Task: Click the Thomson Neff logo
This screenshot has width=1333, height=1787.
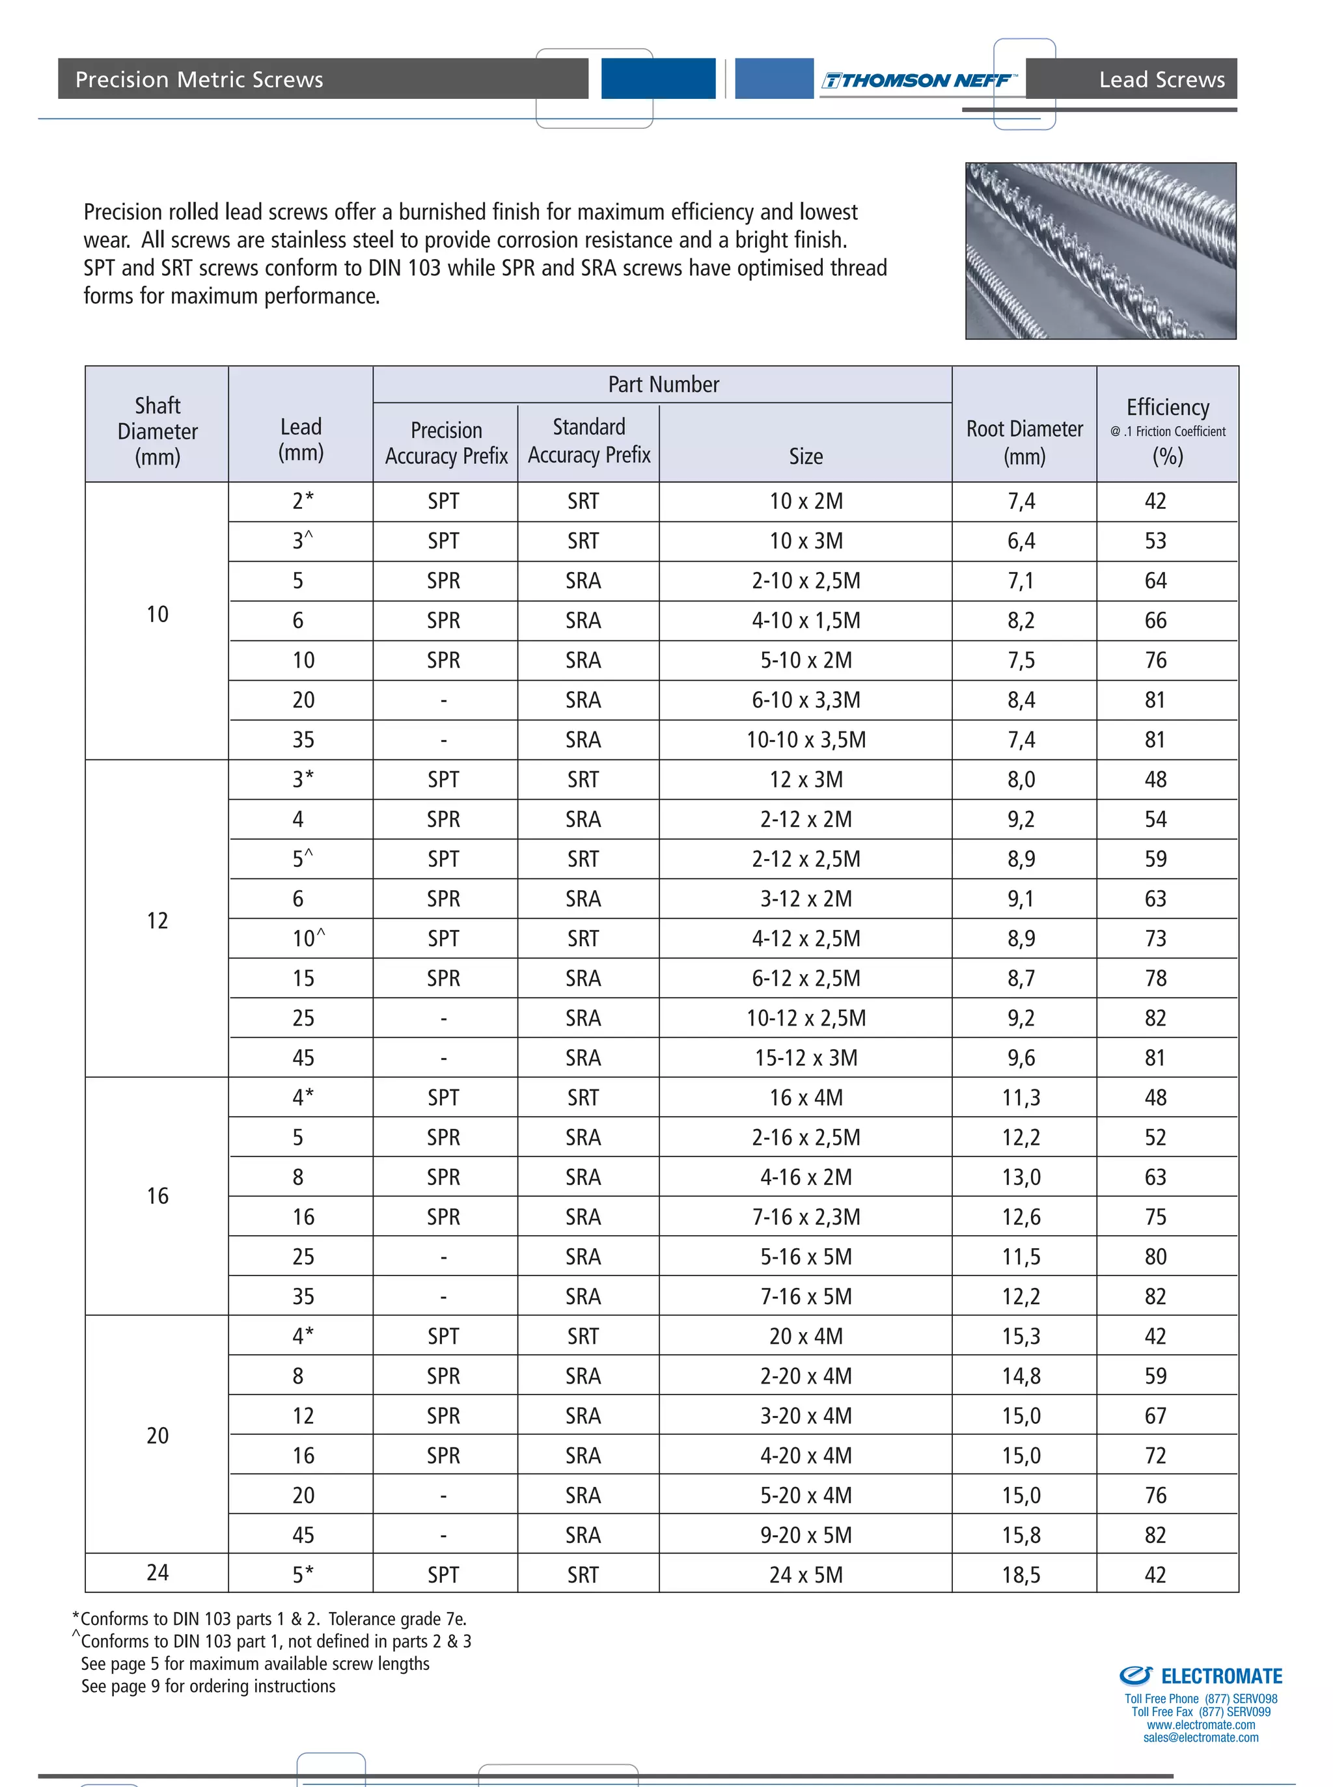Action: (x=918, y=80)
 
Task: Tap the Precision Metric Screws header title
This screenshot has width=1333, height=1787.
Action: (x=199, y=79)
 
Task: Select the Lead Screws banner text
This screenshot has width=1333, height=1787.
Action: (x=1161, y=79)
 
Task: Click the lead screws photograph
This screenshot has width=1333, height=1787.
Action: (x=1100, y=251)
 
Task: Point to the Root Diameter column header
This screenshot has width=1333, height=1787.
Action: (x=1024, y=441)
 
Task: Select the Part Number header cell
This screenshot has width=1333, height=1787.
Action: (x=663, y=384)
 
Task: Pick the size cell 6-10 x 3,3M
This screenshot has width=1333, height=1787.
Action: (x=805, y=700)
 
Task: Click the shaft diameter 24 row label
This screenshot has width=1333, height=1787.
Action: (x=158, y=1572)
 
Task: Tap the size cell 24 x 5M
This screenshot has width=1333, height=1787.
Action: (x=805, y=1574)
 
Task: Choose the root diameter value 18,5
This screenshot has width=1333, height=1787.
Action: (x=1021, y=1574)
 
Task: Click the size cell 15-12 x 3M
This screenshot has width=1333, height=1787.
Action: (x=805, y=1057)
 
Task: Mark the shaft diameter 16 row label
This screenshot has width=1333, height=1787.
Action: (x=158, y=1195)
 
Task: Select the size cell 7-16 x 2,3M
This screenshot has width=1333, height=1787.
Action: (x=805, y=1217)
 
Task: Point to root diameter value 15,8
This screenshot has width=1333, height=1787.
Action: (x=1021, y=1535)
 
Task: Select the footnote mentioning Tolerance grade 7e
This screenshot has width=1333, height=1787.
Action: (x=270, y=1618)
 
